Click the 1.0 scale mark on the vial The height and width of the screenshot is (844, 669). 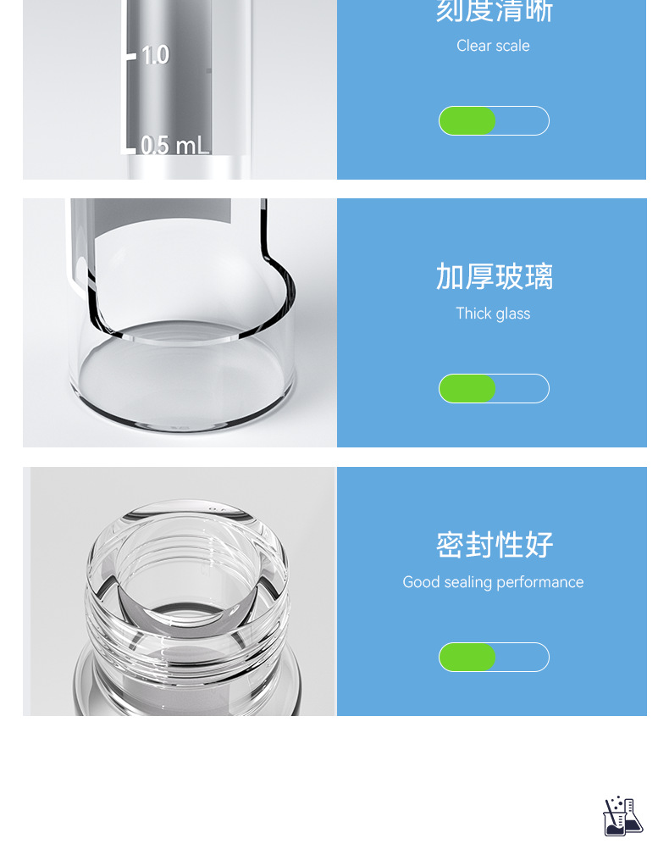tap(155, 55)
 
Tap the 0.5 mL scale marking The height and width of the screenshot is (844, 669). tap(174, 145)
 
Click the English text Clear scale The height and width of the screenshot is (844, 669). tap(493, 46)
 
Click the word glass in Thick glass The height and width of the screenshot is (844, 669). tap(512, 314)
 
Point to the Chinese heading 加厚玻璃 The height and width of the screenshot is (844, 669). tap(495, 277)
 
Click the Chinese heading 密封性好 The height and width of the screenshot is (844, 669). tap(495, 545)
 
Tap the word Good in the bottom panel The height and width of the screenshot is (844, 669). tap(421, 582)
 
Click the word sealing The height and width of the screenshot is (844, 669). tap(468, 582)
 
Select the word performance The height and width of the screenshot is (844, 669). tap(539, 582)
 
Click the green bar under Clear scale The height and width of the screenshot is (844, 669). tap(467, 121)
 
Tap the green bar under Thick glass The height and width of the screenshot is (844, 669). tap(467, 389)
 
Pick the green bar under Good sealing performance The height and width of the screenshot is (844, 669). tap(467, 658)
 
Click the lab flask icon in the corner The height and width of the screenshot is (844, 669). tap(622, 816)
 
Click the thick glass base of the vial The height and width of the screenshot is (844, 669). tap(182, 381)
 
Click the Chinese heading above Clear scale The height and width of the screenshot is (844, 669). tap(495, 11)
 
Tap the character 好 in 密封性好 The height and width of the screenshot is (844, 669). tap(539, 545)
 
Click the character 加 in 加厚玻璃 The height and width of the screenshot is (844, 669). tap(450, 277)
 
